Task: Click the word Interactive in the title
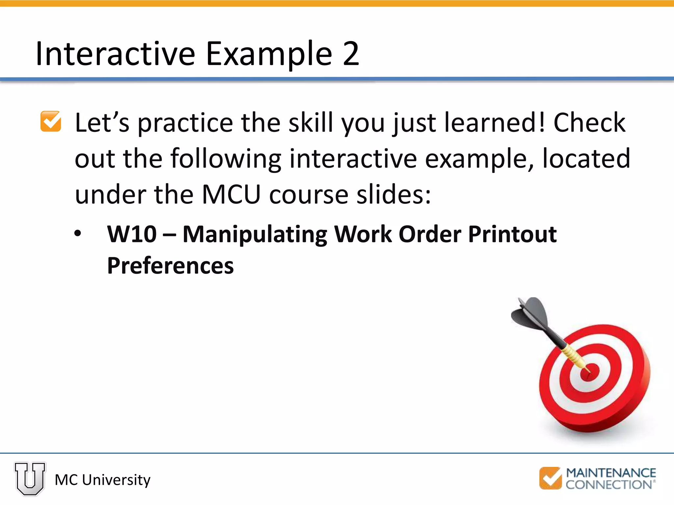[115, 54]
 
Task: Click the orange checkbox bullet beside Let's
[51, 122]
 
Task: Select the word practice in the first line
[185, 123]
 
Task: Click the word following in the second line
[225, 159]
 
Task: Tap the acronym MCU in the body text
[231, 195]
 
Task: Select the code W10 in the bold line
[132, 234]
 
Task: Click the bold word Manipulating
[255, 235]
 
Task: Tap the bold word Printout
[512, 234]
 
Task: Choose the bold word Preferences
[170, 266]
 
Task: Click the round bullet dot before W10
[78, 234]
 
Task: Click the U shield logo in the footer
[30, 478]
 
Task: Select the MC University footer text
[102, 480]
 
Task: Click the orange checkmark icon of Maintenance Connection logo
[550, 478]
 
